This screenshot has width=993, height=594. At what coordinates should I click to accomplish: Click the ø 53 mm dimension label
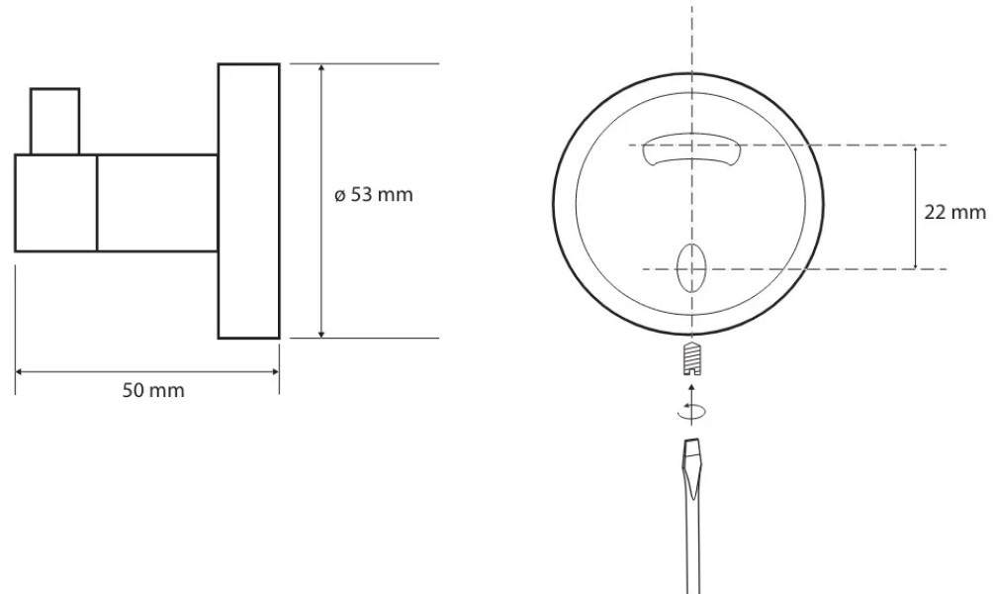click(374, 195)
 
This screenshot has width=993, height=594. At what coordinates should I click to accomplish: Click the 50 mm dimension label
click(153, 390)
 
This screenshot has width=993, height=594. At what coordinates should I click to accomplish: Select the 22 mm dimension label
click(955, 213)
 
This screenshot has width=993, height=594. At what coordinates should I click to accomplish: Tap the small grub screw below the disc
click(692, 358)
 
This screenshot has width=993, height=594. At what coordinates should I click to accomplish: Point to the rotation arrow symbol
click(691, 412)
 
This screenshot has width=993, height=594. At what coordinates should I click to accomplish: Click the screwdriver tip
click(692, 442)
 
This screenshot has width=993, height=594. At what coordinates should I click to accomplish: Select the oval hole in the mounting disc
click(691, 268)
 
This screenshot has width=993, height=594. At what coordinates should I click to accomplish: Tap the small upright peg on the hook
click(55, 121)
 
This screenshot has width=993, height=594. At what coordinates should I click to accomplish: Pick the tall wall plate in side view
click(249, 201)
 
